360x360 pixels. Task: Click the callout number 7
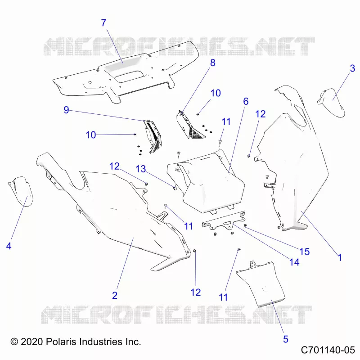[x=104, y=23]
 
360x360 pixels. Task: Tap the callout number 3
[x=352, y=68]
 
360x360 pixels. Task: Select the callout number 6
[x=246, y=101]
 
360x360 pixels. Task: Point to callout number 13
[x=141, y=169]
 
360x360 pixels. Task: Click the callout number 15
[x=305, y=252]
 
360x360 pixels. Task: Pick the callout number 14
[x=294, y=262]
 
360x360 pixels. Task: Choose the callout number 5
[x=286, y=339]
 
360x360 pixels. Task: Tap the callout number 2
[x=115, y=295]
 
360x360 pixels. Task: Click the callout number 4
[x=9, y=246]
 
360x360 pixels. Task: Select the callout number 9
[x=66, y=110]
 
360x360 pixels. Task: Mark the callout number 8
[x=213, y=63]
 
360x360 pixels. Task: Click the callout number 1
[x=340, y=257]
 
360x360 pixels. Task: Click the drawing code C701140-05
[x=328, y=350]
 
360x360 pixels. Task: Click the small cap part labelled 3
[x=331, y=103]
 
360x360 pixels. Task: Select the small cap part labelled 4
[x=21, y=191]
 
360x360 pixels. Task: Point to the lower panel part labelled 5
[x=262, y=284]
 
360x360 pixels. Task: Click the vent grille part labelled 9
[x=153, y=137]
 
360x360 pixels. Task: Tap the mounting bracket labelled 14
[x=223, y=221]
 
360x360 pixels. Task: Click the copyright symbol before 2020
[x=14, y=342]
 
